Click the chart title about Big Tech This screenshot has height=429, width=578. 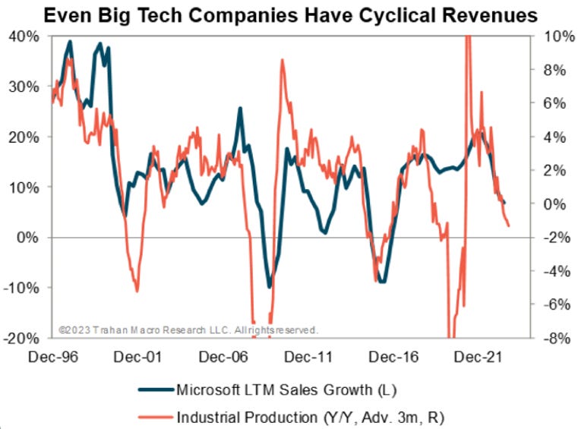click(289, 14)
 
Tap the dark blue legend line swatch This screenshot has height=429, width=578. click(155, 392)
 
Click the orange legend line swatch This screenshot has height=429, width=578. click(155, 417)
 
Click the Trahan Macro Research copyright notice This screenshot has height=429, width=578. click(188, 330)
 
